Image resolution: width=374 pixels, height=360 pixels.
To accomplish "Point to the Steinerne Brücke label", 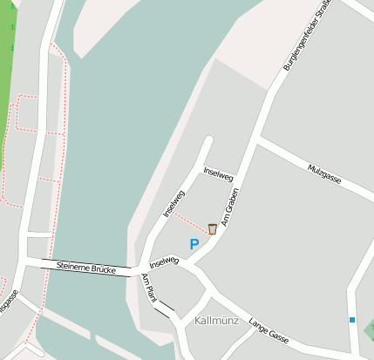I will (x=85, y=268).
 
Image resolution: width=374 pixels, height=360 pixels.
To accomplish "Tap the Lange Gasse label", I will (x=268, y=329).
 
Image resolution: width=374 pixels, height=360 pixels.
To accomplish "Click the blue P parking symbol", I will (x=194, y=245).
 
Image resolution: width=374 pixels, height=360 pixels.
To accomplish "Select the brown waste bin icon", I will (x=212, y=228).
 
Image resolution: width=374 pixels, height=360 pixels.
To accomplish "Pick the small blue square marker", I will (x=352, y=320).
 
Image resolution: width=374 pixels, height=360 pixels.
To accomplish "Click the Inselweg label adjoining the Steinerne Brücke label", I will (x=164, y=262).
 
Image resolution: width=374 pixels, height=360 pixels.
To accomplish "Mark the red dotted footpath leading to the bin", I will (x=192, y=219).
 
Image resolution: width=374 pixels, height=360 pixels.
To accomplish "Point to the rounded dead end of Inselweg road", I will (x=207, y=139).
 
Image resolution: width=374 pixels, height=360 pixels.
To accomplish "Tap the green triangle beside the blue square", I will (x=369, y=329).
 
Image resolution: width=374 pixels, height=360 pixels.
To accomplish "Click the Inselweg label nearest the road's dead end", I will (x=218, y=173).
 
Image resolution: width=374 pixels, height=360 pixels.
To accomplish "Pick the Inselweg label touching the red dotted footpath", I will (x=173, y=202).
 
